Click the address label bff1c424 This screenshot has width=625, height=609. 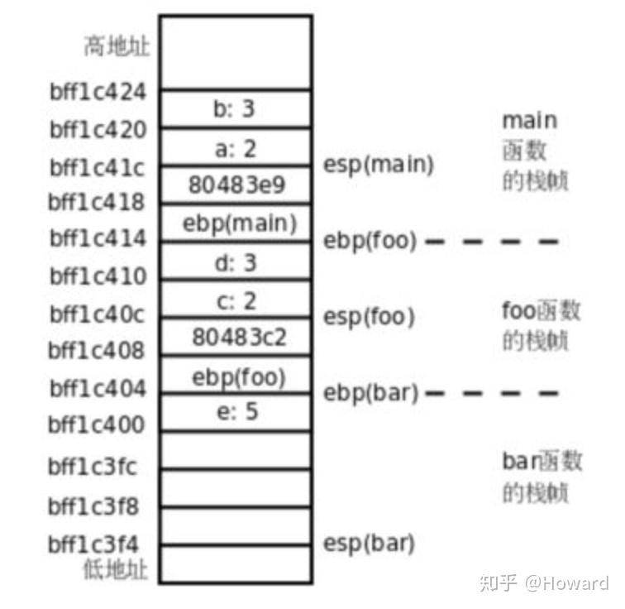point(98,91)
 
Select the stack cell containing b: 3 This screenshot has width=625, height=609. point(236,109)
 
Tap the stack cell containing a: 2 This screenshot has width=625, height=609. point(236,147)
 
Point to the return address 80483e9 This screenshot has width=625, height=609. point(236,185)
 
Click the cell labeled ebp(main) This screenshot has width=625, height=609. point(236,223)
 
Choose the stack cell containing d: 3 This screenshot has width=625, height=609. point(236,261)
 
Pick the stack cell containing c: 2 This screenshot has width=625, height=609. point(236,300)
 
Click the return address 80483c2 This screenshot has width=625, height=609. point(236,338)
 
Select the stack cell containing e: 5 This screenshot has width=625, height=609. point(236,411)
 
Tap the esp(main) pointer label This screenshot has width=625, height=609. point(378,164)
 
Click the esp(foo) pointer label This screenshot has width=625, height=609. point(368,316)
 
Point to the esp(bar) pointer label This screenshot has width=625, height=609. point(368,544)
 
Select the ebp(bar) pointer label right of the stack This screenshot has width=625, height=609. point(370,392)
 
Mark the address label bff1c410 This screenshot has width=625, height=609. point(98,276)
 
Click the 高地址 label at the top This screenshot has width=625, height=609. point(117,46)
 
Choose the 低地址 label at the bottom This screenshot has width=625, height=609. point(117,569)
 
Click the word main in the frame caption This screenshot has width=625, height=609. point(529,121)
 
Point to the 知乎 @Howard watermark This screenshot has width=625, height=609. point(543,583)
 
